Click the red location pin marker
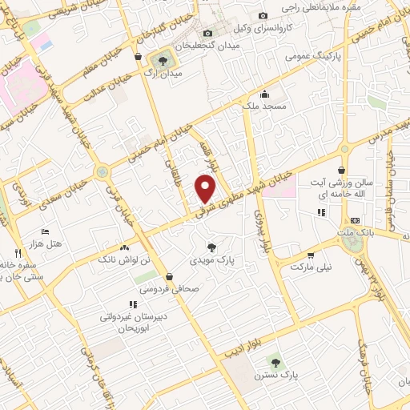[206, 189]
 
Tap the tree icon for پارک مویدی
[211, 247]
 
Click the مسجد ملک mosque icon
[265, 95]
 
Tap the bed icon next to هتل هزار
[46, 231]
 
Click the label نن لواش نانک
[124, 261]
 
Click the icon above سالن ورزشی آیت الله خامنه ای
[343, 169]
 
